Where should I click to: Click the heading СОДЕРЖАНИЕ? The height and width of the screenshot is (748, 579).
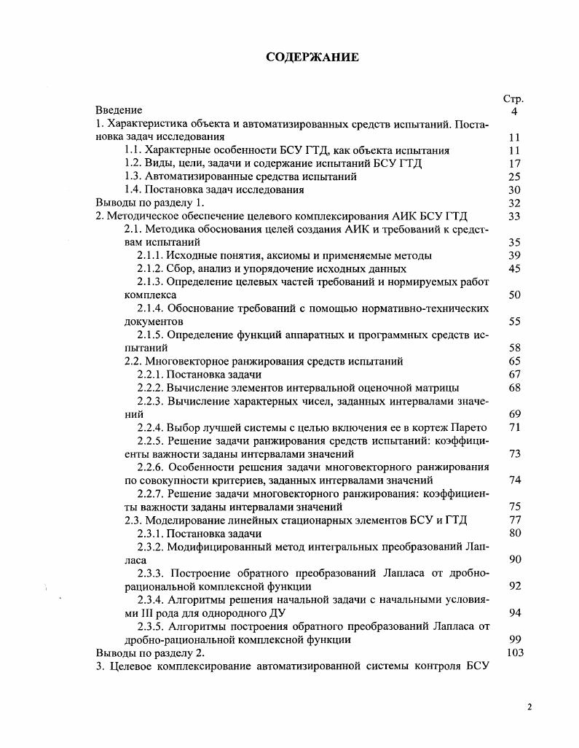[x=312, y=58]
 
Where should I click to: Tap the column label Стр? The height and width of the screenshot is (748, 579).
[x=513, y=98]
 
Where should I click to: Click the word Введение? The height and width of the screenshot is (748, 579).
[x=119, y=111]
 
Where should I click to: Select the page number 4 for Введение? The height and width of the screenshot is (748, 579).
[x=514, y=112]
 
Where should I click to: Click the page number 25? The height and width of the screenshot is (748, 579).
[x=514, y=176]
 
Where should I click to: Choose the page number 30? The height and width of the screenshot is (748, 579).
[x=514, y=190]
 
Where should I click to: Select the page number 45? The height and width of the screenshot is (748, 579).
[x=514, y=268]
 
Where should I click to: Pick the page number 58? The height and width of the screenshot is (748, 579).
[x=514, y=348]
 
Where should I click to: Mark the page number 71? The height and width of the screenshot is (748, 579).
[x=514, y=427]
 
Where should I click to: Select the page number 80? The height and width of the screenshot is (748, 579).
[x=514, y=533]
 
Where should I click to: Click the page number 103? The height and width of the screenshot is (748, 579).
[x=514, y=652]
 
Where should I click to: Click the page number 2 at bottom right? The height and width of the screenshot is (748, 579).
[x=529, y=706]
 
